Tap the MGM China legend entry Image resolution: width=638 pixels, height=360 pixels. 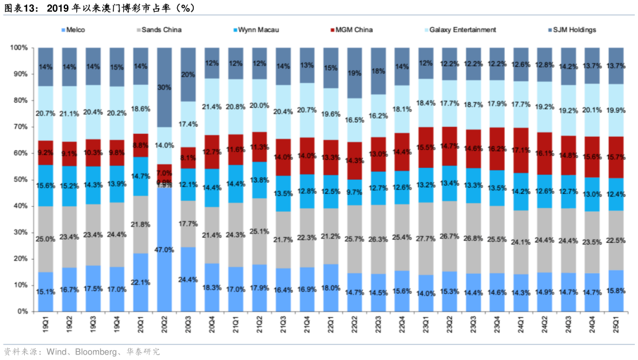pos(353,30)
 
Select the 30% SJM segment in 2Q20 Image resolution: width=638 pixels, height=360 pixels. pos(164,87)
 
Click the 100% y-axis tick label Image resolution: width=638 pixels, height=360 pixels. pos(18,48)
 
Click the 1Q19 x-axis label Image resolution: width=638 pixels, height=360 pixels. pos(46,326)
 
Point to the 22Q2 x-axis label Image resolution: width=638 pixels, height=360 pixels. pos(354,326)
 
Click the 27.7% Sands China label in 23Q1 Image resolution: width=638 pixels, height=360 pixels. pos(426,238)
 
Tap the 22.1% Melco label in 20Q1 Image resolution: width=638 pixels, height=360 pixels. pos(141,283)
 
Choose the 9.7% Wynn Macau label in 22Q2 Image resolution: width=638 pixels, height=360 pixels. pos(354,192)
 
